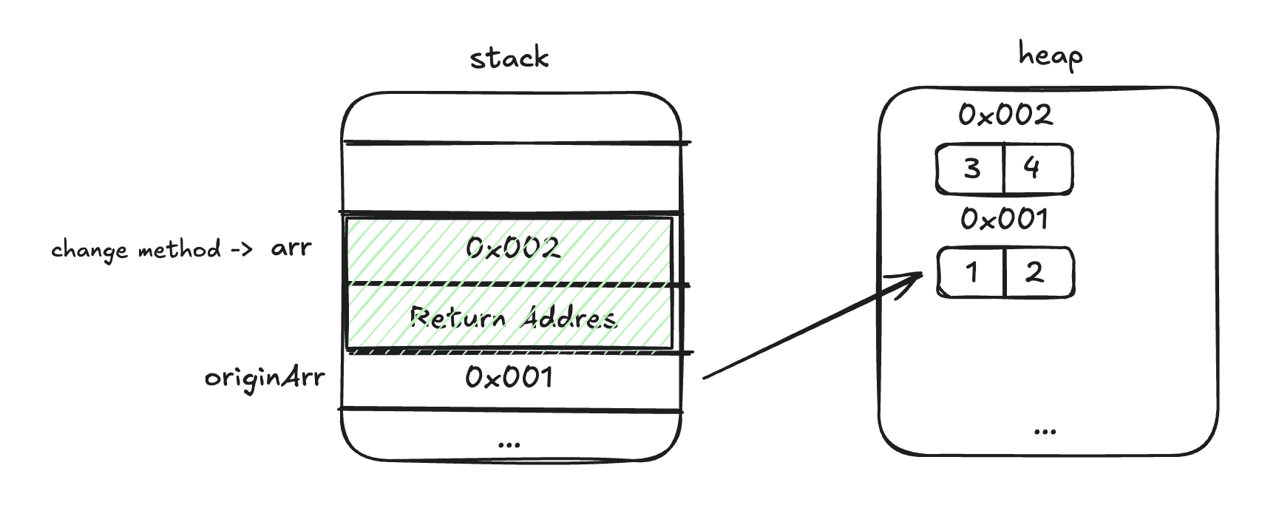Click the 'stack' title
point(509,58)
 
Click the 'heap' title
point(1050,55)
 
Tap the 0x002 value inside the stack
point(512,248)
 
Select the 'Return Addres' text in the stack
point(512,318)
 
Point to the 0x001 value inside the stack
point(509,378)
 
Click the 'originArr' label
point(265,379)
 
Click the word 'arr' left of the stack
point(291,248)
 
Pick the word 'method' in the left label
point(180,249)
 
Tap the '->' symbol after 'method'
point(241,250)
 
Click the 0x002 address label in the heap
point(1005,115)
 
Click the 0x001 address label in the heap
point(1004,219)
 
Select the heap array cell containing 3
point(971,169)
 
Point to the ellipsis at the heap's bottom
point(1045,431)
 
